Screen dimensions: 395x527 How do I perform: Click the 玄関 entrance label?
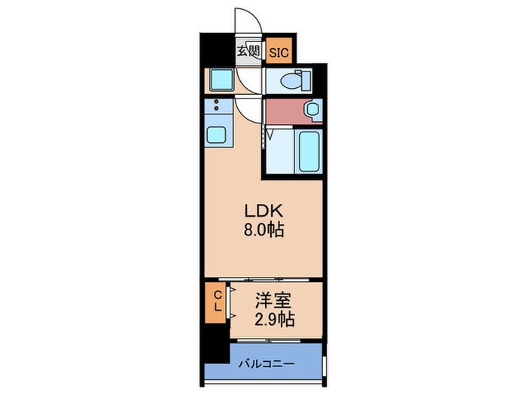(248, 52)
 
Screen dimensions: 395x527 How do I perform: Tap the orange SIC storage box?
(279, 52)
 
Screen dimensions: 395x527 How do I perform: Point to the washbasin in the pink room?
(312, 110)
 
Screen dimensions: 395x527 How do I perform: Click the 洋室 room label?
(272, 299)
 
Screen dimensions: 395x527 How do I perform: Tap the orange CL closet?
(215, 301)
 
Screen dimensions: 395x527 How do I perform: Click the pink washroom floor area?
(285, 112)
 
